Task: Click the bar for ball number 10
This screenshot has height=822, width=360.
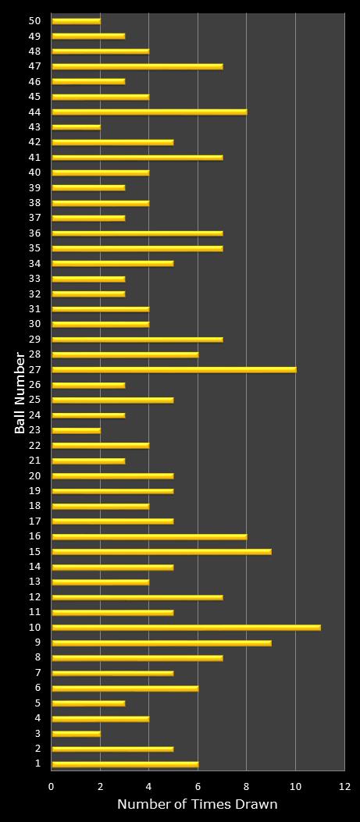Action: pyautogui.click(x=186, y=627)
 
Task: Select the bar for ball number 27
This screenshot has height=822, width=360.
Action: pyautogui.click(x=173, y=369)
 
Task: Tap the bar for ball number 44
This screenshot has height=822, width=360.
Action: pyautogui.click(x=149, y=112)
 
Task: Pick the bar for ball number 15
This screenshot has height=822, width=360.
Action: pyautogui.click(x=162, y=551)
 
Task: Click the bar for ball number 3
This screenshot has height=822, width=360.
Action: pyautogui.click(x=76, y=733)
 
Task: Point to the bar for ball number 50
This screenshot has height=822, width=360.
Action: pyautogui.click(x=76, y=21)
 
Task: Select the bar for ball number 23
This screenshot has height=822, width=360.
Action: pyautogui.click(x=76, y=430)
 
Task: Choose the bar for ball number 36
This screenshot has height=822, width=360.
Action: pyautogui.click(x=137, y=233)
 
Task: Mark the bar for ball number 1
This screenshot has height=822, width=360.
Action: pyautogui.click(x=125, y=763)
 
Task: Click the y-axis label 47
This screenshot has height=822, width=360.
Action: pyautogui.click(x=34, y=66)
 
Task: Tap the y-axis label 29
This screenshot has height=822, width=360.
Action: pyautogui.click(x=34, y=339)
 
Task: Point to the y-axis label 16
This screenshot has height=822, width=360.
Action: pyautogui.click(x=34, y=536)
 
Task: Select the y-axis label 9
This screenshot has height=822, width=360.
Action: pyautogui.click(x=37, y=642)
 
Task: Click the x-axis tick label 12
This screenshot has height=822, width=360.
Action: pyautogui.click(x=344, y=787)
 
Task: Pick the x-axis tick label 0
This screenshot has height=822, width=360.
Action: pyautogui.click(x=52, y=787)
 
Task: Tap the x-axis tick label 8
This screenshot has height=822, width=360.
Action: pyautogui.click(x=247, y=787)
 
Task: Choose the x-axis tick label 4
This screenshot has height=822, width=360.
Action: pyautogui.click(x=149, y=787)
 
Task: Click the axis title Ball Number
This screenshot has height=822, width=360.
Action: pyautogui.click(x=20, y=393)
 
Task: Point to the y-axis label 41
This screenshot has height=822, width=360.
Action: pyautogui.click(x=34, y=157)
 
